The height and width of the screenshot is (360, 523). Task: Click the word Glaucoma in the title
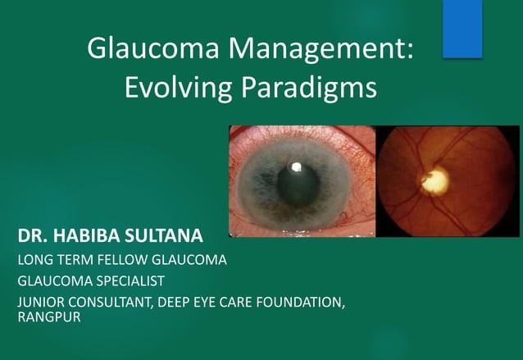click(x=153, y=50)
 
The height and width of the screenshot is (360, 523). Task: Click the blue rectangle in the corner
click(x=462, y=29)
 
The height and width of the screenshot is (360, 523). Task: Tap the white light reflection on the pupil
click(x=297, y=167)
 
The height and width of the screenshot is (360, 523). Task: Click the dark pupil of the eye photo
click(x=297, y=182)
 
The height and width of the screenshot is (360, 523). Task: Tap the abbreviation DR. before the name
click(x=32, y=239)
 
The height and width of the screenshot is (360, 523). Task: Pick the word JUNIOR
click(x=40, y=303)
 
